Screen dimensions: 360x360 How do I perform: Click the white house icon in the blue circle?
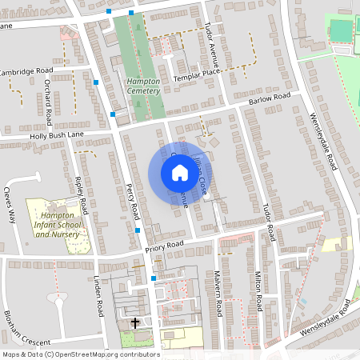[174, 173]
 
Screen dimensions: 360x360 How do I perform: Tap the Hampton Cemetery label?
[144, 86]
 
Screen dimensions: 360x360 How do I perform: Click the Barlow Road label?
[269, 98]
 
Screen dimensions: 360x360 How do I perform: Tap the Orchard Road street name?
[49, 102]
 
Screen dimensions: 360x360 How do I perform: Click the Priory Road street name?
[164, 248]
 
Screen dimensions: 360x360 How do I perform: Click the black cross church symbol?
[135, 323]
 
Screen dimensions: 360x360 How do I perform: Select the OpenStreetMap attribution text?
[80, 354]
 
